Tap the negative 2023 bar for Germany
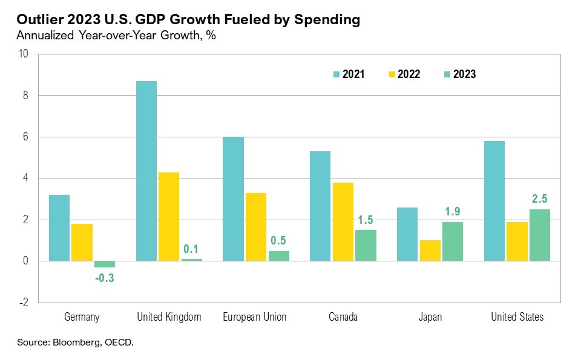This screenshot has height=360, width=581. pyautogui.click(x=104, y=264)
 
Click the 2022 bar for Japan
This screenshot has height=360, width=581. pyautogui.click(x=430, y=250)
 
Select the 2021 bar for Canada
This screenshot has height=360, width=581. pyautogui.click(x=320, y=206)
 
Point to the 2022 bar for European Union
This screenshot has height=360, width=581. pyautogui.click(x=255, y=227)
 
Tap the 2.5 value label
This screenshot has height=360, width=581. pyautogui.click(x=540, y=199)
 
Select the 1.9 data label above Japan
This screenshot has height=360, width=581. pyautogui.click(x=453, y=211)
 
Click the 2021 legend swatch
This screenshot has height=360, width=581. pyautogui.click(x=337, y=74)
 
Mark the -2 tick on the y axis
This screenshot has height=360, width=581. pyautogui.click(x=24, y=303)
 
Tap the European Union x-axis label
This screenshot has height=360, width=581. pyautogui.click(x=255, y=317)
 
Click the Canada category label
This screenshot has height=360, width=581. pyautogui.click(x=343, y=317)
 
